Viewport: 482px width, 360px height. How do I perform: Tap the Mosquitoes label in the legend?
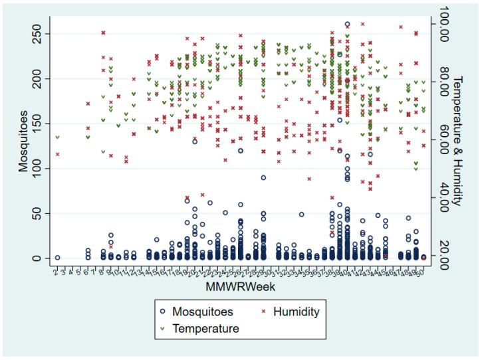coord(201,311)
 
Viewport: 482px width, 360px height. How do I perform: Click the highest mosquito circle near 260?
coord(347,25)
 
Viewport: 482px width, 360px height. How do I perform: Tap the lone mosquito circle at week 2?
coord(57,258)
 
